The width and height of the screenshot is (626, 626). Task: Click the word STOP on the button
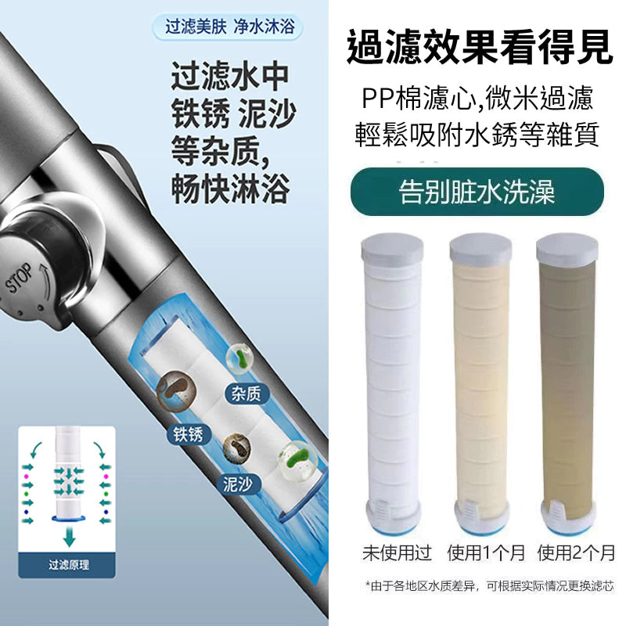click(x=19, y=278)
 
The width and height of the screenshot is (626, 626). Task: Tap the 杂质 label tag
click(x=246, y=394)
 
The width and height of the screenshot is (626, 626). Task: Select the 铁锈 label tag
click(x=188, y=434)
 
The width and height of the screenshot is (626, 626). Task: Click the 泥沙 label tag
click(x=238, y=484)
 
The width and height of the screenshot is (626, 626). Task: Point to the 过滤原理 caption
click(x=69, y=565)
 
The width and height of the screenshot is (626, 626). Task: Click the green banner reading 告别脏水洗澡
click(x=477, y=192)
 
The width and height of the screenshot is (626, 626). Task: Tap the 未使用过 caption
click(x=398, y=553)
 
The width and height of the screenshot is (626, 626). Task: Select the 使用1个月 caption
click(x=486, y=553)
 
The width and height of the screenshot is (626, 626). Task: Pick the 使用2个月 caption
click(x=576, y=553)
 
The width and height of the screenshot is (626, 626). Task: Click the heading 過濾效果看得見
click(x=479, y=47)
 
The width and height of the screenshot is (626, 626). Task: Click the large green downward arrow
click(x=69, y=536)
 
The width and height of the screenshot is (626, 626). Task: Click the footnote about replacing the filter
click(x=490, y=586)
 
